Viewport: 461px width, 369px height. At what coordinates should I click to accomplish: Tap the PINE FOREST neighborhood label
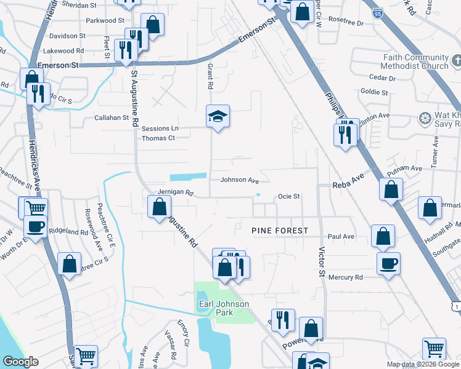[x=279, y=230]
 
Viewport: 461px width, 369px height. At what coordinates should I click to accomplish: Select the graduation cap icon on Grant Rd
[x=218, y=116]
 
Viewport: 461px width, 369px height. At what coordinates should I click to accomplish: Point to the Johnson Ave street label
[x=240, y=180]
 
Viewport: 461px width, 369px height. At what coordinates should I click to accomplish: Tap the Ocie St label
[x=288, y=197]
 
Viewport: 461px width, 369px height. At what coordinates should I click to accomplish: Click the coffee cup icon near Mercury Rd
[x=388, y=264]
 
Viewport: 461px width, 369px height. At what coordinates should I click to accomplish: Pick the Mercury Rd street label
[x=346, y=277]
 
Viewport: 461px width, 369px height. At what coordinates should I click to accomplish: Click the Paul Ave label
[x=341, y=236]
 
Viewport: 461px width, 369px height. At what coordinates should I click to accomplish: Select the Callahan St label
[x=111, y=117]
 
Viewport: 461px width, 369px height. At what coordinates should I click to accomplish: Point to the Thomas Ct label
[x=158, y=138]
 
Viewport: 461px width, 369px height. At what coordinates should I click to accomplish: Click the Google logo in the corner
[x=21, y=361]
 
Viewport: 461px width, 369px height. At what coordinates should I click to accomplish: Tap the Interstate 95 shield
[x=378, y=12]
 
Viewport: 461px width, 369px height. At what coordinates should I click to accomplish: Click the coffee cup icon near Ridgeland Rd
[x=35, y=226]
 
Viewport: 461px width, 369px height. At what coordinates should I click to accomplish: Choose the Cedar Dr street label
[x=382, y=78]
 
